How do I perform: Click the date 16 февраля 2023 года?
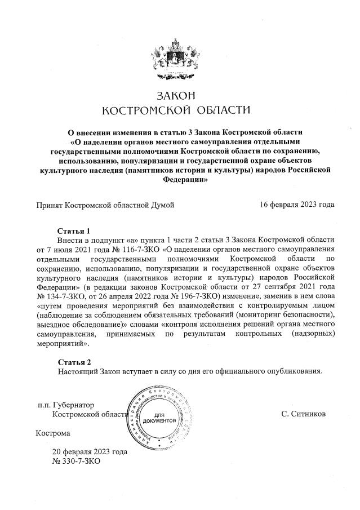297,204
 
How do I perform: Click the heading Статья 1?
74,231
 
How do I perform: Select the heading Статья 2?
74,362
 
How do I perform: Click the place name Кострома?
54,433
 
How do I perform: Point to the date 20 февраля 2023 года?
90,451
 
